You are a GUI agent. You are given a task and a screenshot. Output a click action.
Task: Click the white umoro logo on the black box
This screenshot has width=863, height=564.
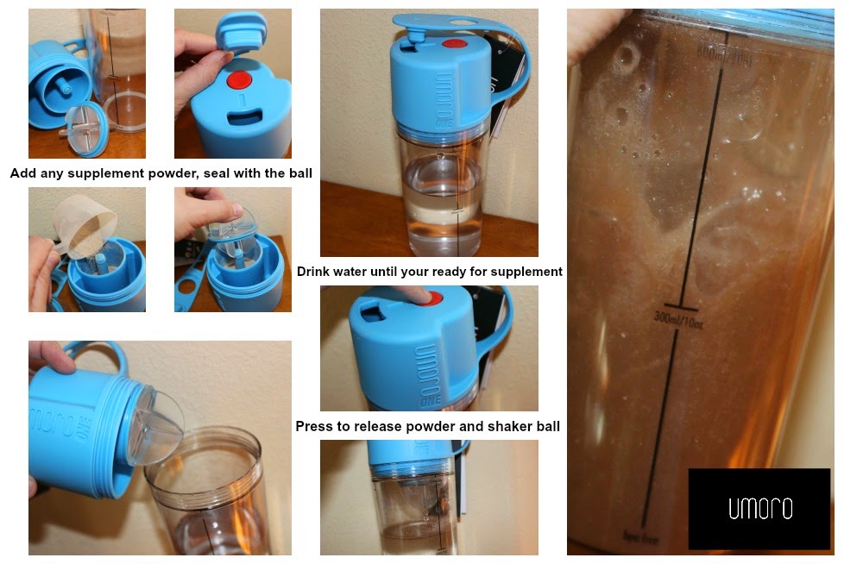tap(759, 509)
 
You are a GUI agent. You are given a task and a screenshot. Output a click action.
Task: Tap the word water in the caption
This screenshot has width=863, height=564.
tap(365, 272)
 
